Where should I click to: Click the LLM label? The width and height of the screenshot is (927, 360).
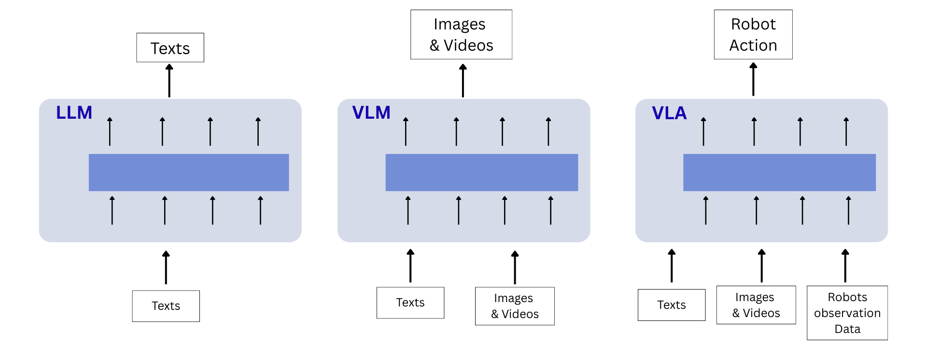click(74, 112)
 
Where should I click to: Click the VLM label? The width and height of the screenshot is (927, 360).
click(371, 112)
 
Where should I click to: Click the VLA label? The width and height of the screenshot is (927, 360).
click(669, 113)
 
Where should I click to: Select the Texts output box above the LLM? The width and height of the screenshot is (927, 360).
click(170, 48)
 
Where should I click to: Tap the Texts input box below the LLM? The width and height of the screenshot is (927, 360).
click(166, 306)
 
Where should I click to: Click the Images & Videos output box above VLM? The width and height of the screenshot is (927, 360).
click(461, 35)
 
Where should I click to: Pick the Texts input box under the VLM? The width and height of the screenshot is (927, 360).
click(410, 303)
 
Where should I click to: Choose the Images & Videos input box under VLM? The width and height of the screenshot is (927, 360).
click(515, 306)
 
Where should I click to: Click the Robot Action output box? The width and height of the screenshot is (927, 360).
click(753, 35)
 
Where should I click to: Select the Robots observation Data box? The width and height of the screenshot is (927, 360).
click(847, 313)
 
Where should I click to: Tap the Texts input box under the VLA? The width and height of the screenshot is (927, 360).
click(671, 305)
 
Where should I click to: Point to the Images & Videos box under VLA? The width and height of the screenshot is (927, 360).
click(756, 305)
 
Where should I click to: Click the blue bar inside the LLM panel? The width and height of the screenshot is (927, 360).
click(189, 172)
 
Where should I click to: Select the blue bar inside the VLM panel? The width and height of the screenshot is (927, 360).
click(481, 172)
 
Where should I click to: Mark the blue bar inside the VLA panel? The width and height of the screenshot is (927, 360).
click(779, 172)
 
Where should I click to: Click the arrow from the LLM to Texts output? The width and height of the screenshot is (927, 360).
click(169, 81)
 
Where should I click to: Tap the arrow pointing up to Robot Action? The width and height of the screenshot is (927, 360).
click(753, 79)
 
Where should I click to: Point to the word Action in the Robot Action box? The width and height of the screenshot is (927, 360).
click(753, 45)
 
